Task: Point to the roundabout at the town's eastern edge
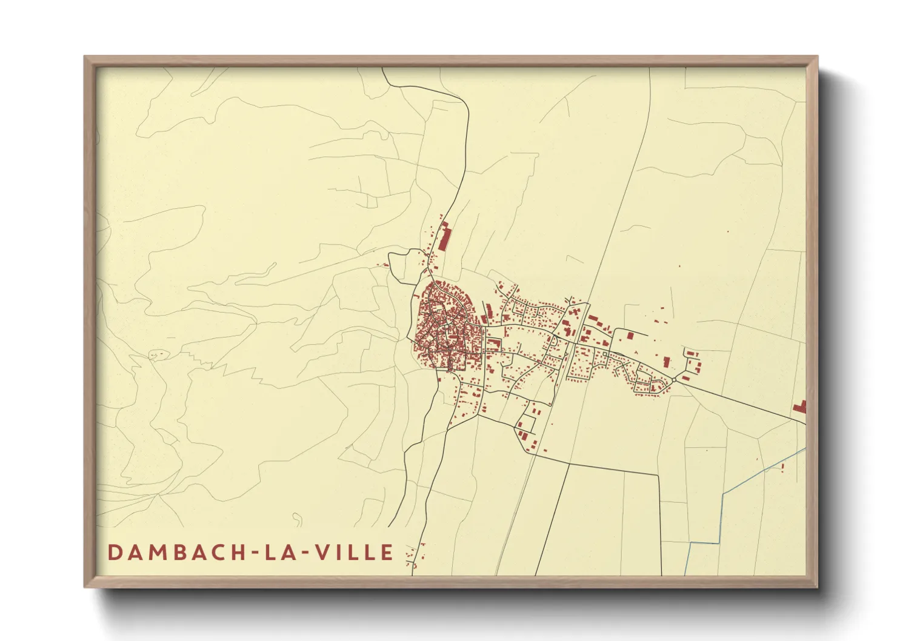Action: (x=674, y=380)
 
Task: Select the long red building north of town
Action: (x=445, y=237)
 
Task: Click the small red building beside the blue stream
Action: (x=783, y=466)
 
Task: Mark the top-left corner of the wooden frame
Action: (x=86, y=58)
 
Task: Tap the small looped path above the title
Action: (x=297, y=519)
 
